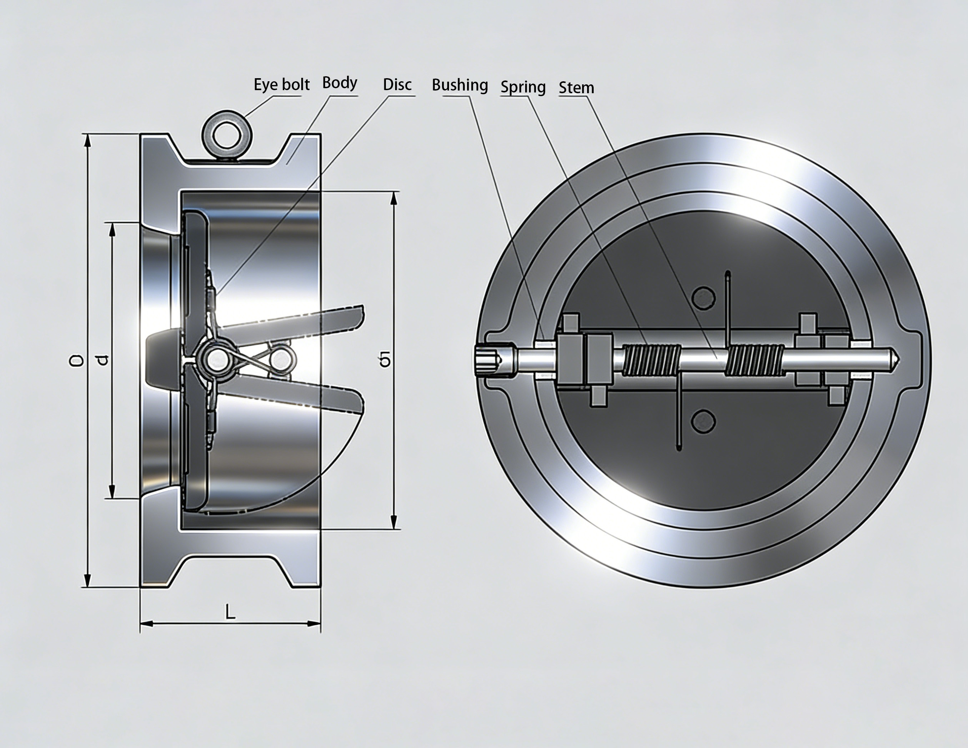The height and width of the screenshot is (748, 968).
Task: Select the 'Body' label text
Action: click(x=339, y=82)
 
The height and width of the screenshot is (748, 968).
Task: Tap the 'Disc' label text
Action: click(x=397, y=84)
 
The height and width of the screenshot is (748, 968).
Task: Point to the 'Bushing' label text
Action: click(x=460, y=85)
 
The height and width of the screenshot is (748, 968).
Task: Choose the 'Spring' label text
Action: click(x=523, y=87)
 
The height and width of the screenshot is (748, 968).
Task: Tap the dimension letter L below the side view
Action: click(x=230, y=612)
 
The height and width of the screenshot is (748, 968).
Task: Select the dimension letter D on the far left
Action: click(x=76, y=360)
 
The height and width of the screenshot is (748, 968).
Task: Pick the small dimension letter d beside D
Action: click(x=102, y=360)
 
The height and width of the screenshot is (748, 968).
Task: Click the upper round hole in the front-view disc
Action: click(x=703, y=297)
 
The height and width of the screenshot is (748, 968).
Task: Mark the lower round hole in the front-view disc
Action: click(x=703, y=421)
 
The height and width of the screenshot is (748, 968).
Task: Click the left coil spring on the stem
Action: click(x=651, y=360)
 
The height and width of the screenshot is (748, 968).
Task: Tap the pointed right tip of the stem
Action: click(x=896, y=360)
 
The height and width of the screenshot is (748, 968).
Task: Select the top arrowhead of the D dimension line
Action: click(x=87, y=140)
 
